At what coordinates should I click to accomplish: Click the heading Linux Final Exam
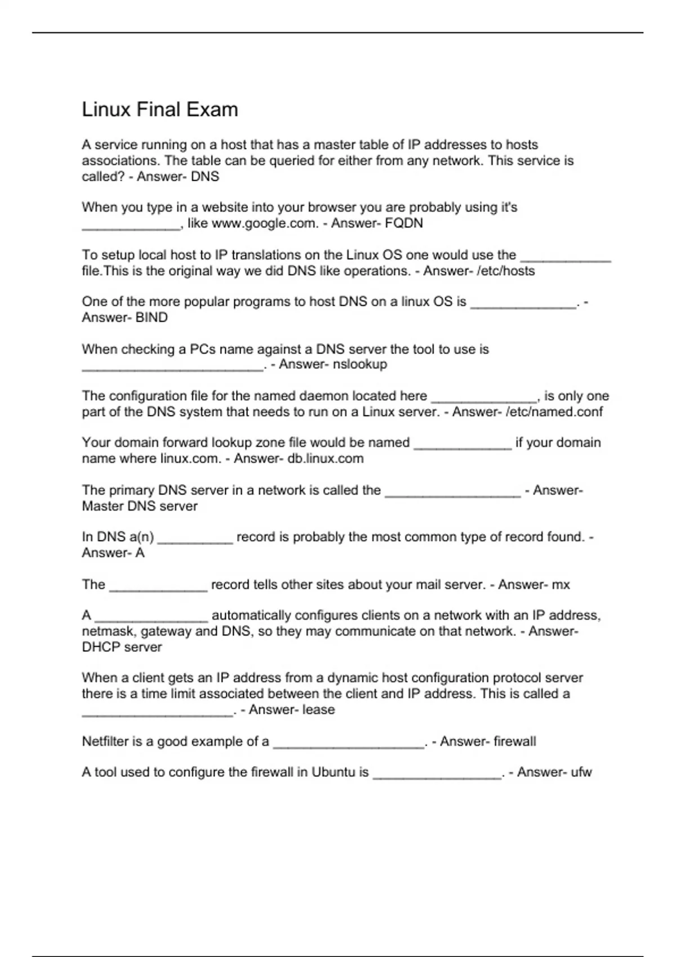tap(160, 109)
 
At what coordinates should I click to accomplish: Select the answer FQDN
tap(404, 223)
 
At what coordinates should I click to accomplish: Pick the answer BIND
tap(152, 317)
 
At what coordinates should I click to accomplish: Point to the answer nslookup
tap(360, 364)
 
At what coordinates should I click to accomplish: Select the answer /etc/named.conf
tap(554, 412)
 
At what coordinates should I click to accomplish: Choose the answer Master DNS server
tap(140, 506)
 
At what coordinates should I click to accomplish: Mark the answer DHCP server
tap(122, 647)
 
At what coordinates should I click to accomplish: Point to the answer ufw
tap(581, 772)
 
